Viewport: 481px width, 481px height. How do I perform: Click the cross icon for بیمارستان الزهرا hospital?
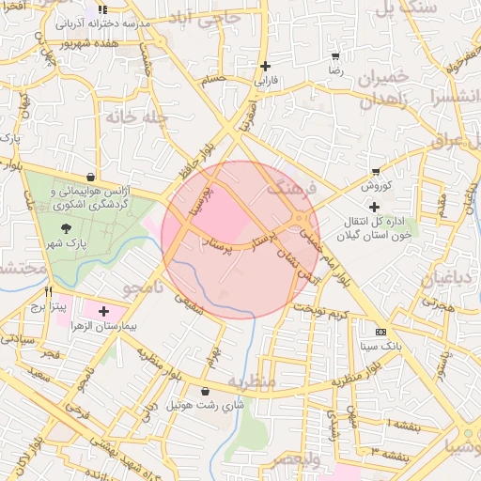[102, 311]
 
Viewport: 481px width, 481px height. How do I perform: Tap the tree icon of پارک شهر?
[65, 227]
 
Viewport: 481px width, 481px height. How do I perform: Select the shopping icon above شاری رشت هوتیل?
[206, 391]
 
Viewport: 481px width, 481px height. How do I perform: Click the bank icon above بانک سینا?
[380, 332]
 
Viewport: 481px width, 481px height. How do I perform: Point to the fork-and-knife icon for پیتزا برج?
[49, 291]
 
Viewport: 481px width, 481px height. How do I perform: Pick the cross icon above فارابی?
[266, 66]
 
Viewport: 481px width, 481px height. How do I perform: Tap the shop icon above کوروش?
[376, 172]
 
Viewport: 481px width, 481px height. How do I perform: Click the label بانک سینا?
[380, 347]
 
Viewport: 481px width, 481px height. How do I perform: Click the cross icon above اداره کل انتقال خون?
[375, 207]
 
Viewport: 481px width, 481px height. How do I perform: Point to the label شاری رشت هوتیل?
[206, 405]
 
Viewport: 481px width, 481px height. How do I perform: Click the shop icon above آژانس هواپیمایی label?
[90, 176]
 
